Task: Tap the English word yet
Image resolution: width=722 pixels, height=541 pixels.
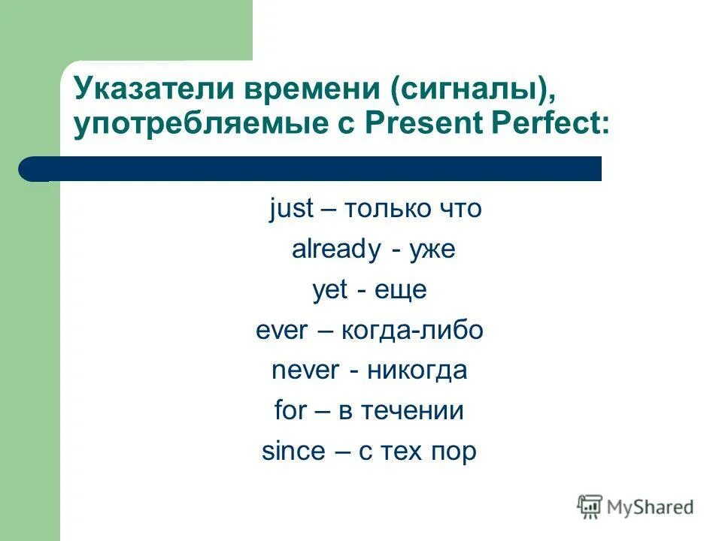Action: coord(330,291)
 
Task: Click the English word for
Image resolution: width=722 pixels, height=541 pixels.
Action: coord(291,411)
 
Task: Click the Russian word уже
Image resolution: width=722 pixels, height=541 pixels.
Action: coord(432,250)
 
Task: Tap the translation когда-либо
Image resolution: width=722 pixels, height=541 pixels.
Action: coord(412,331)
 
